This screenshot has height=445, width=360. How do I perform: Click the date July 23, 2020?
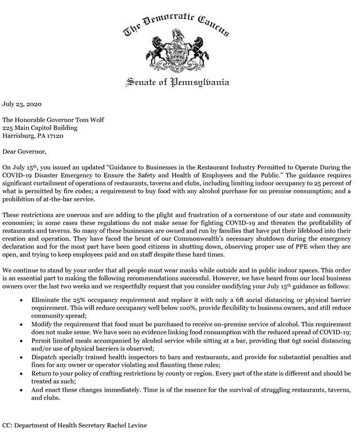22,104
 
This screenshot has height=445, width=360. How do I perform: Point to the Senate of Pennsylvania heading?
177,83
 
